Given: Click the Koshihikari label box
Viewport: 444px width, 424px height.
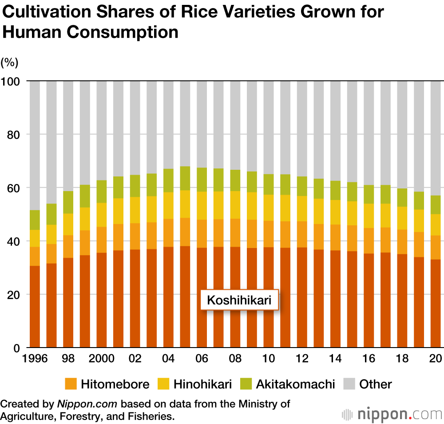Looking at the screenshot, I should (239, 301).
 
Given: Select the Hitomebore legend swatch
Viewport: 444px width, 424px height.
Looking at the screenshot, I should (71, 384).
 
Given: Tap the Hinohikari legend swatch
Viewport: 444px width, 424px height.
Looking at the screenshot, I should (163, 384).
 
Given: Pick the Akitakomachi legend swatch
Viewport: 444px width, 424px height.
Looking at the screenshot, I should (246, 384).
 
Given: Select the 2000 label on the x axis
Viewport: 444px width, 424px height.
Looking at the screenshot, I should (102, 359).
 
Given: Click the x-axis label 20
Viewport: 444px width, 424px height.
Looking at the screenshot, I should (436, 359).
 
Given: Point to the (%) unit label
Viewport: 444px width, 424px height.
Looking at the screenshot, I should (9, 63).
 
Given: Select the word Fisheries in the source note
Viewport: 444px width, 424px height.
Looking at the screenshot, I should (151, 417).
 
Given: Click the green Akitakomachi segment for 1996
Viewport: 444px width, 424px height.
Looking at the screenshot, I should (35, 220).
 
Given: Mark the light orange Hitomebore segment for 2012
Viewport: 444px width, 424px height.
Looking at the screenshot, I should (302, 234).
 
